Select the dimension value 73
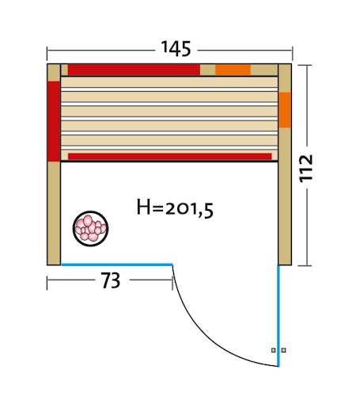(x=110, y=280)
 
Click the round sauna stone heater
(x=90, y=228)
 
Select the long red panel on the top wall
(x=133, y=70)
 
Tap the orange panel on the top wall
(x=233, y=70)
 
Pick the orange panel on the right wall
(x=285, y=110)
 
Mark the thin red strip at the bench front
(x=169, y=156)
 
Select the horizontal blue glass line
(x=117, y=265)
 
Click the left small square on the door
(x=273, y=350)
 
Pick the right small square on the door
(x=284, y=350)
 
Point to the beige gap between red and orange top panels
(x=207, y=70)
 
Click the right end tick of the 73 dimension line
(x=173, y=280)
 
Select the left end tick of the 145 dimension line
(x=47, y=53)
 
